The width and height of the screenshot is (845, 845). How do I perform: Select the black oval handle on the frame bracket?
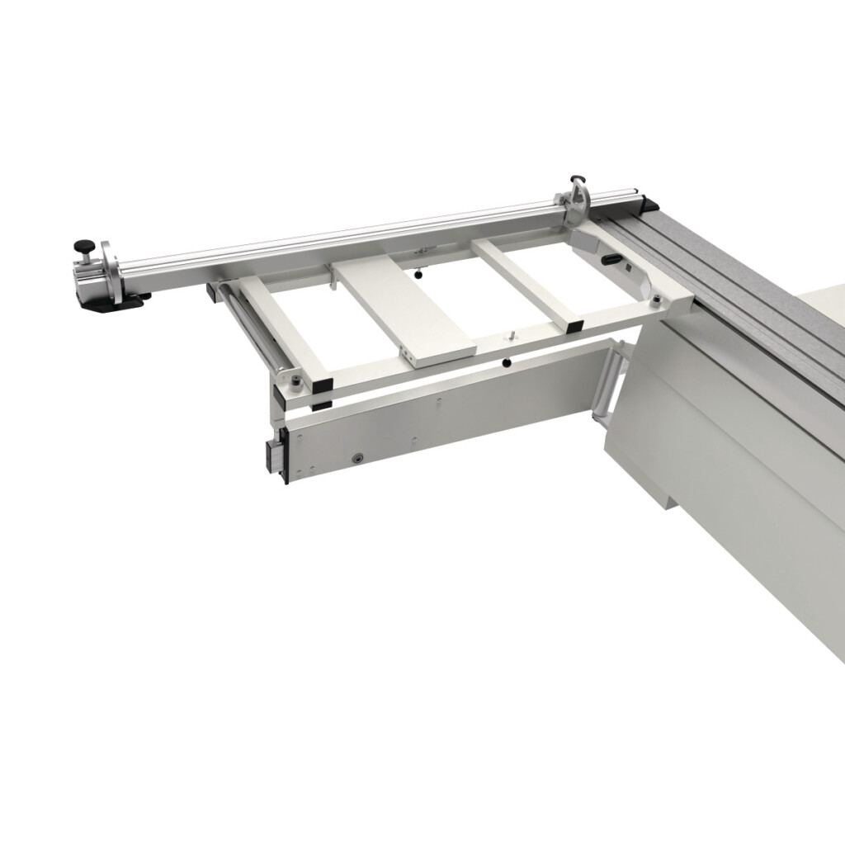pos(611,259)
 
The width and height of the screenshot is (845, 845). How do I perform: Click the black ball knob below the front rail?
pos(506,363)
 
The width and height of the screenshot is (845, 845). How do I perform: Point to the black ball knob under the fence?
pos(420,274)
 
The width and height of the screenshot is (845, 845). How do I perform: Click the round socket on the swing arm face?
pos(357,456)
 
